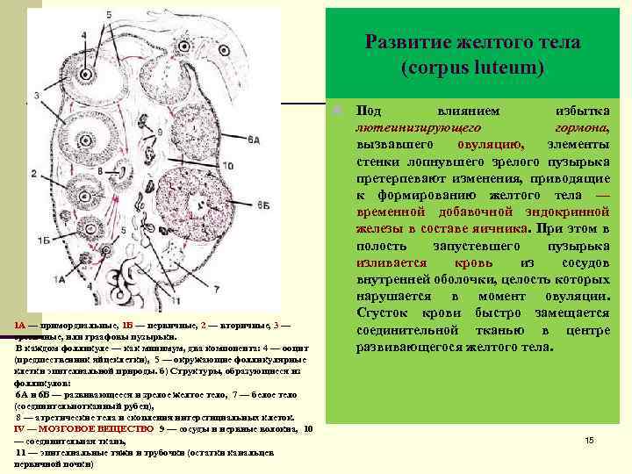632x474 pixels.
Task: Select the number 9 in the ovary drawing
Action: point(159,132)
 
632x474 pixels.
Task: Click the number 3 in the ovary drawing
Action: point(37,95)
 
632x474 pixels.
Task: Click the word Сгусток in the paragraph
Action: point(384,312)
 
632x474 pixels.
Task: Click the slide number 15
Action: point(589,439)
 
